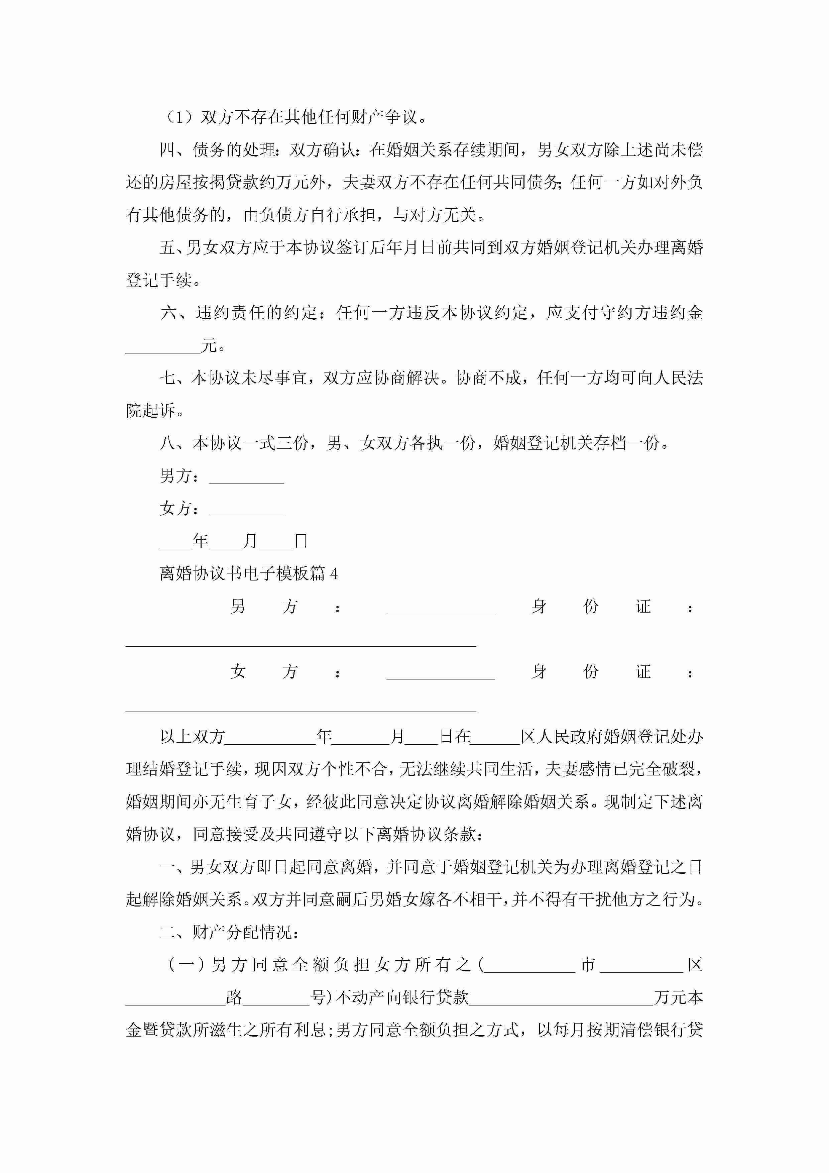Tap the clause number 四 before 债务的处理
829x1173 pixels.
[167, 150]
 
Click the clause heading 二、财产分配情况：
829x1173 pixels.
[229, 932]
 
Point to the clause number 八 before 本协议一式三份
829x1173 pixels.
[167, 443]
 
